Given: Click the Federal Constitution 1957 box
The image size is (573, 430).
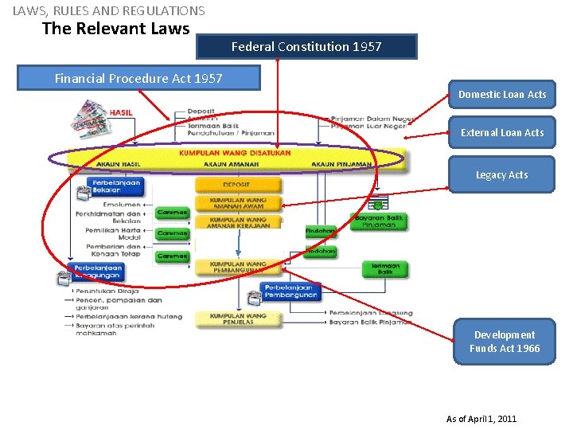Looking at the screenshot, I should click(x=306, y=46).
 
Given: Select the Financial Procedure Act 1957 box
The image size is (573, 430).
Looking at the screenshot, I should click(x=138, y=78).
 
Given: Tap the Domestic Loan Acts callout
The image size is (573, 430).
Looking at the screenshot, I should click(x=502, y=94).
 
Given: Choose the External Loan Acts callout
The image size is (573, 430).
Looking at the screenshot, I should click(x=502, y=132).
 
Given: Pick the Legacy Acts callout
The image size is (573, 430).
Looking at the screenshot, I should click(x=502, y=174).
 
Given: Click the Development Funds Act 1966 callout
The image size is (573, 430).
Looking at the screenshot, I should click(x=505, y=342).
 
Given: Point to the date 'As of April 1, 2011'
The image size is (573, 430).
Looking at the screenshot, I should click(x=481, y=419).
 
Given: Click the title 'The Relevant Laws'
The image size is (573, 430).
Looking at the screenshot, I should click(x=115, y=29).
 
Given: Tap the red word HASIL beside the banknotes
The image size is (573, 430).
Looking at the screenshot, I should click(x=121, y=113).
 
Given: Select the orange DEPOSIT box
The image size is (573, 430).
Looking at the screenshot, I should click(x=237, y=185).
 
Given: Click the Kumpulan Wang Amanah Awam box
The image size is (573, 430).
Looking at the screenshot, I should click(x=238, y=203).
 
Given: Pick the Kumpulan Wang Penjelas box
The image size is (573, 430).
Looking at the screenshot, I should click(x=238, y=319).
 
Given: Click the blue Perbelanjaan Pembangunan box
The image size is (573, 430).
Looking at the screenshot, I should click(x=290, y=291).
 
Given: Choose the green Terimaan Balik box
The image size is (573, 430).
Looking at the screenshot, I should click(x=385, y=268).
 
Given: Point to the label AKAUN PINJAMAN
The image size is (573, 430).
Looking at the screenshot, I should click(x=341, y=165).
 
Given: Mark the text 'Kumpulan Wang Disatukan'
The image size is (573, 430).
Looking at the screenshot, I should click(x=235, y=153).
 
